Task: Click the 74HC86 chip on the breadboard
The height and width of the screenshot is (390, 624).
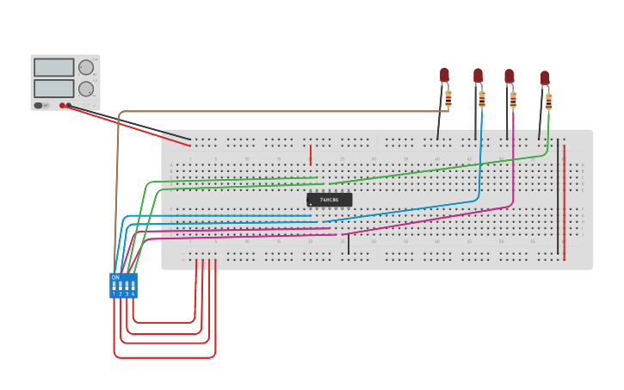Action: [x=329, y=200]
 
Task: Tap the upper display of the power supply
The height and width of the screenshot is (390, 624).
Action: [x=53, y=67]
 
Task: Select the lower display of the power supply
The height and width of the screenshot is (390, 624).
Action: [x=53, y=88]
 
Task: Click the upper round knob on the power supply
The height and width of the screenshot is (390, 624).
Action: [x=86, y=67]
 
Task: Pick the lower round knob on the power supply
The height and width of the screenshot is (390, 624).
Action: [x=86, y=89]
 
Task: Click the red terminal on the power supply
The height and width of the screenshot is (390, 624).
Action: [x=62, y=105]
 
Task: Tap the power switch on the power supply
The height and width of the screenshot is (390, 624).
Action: [x=38, y=105]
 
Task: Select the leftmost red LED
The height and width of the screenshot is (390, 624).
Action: [x=444, y=76]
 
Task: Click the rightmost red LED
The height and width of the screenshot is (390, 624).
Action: [x=544, y=78]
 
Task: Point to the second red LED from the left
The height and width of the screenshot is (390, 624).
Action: [x=478, y=76]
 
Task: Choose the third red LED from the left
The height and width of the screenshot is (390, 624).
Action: [x=509, y=77]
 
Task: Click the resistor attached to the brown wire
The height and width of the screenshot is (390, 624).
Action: [x=448, y=98]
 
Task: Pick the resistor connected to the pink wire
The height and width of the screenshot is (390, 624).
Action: [x=513, y=99]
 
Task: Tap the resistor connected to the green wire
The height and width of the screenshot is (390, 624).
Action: [x=548, y=101]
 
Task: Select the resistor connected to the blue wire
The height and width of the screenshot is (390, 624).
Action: [x=481, y=98]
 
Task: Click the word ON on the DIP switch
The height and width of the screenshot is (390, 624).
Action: [x=115, y=277]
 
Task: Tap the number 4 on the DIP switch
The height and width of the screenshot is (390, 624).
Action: [x=133, y=294]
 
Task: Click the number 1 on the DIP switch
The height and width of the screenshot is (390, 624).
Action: [x=114, y=294]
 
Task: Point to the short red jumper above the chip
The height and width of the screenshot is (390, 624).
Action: [x=311, y=155]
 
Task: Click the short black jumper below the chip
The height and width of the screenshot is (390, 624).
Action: [x=348, y=245]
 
